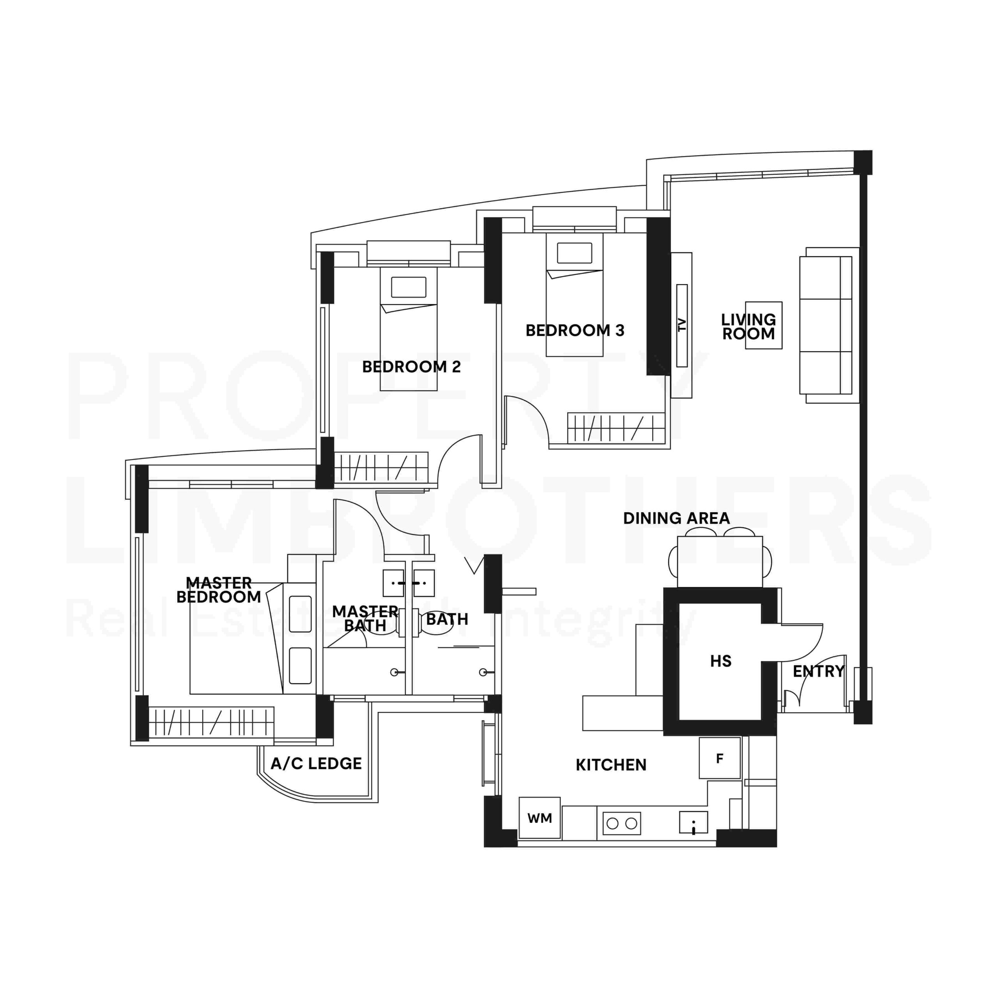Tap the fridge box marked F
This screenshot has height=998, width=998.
click(720, 758)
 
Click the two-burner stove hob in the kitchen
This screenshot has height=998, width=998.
click(621, 823)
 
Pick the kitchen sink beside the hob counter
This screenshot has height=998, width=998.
click(693, 822)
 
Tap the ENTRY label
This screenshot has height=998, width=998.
click(818, 672)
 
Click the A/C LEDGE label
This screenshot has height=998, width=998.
click(316, 763)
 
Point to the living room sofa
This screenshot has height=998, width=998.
click(830, 325)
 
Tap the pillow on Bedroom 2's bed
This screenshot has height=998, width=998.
click(409, 287)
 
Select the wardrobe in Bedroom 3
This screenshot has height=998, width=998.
click(616, 428)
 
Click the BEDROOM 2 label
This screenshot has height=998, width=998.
click(411, 367)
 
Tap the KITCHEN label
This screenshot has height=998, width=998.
click(611, 765)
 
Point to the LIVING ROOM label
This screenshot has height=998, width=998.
click(748, 326)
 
